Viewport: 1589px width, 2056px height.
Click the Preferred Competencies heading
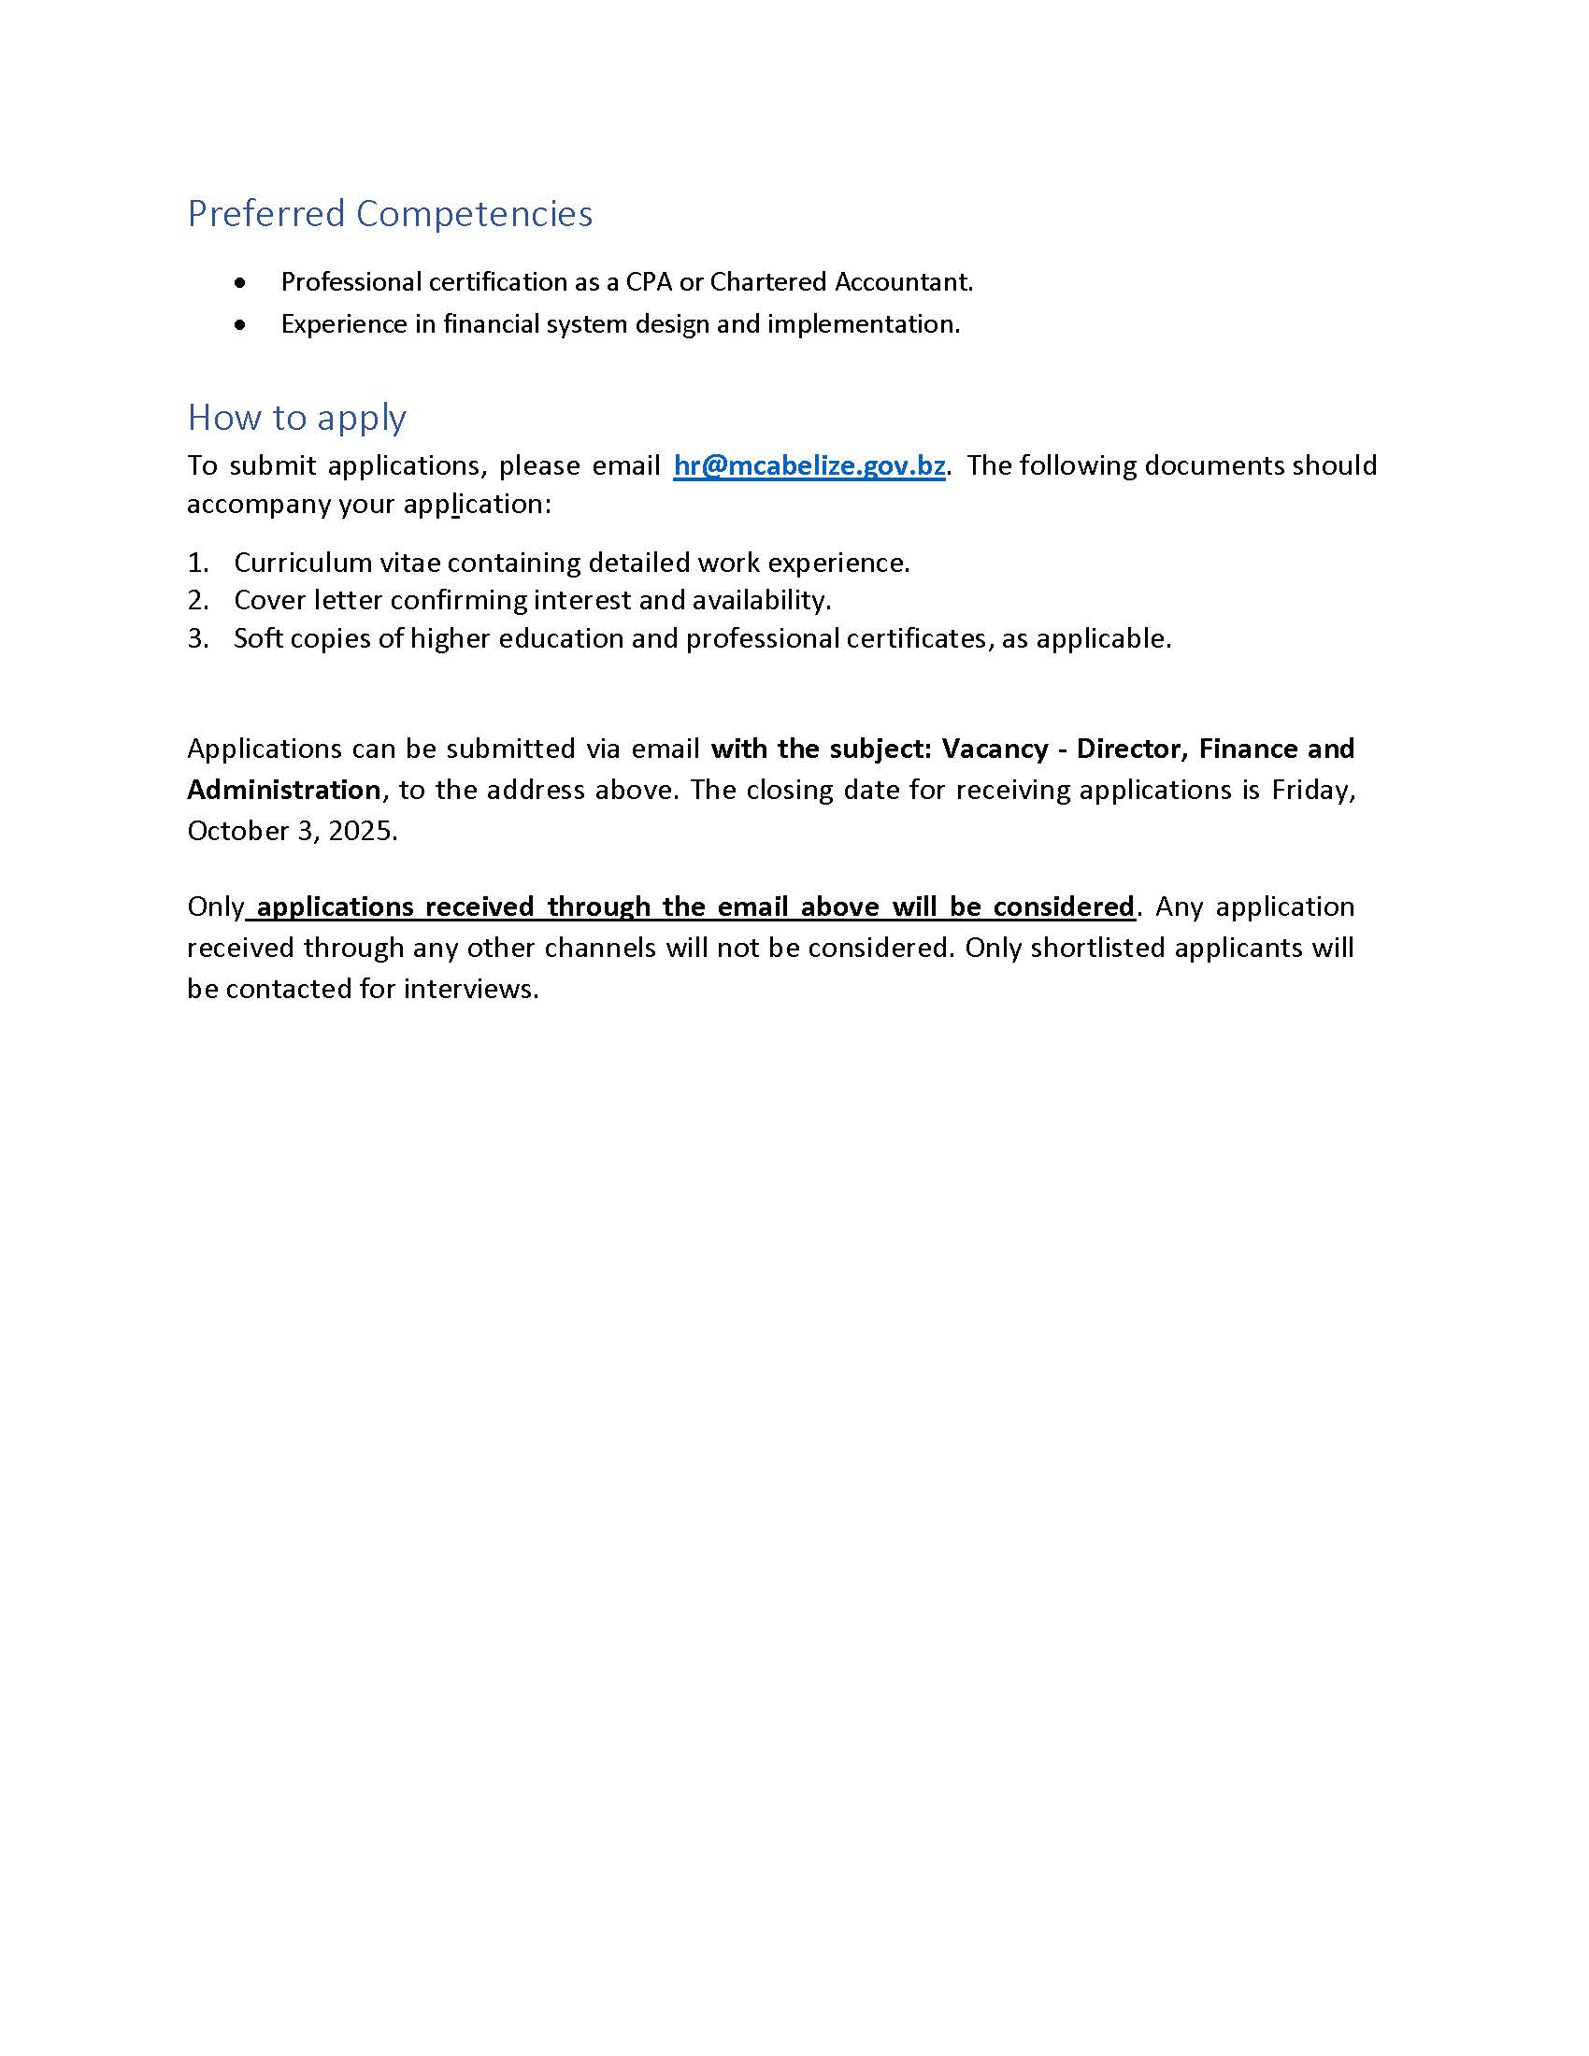click(x=390, y=214)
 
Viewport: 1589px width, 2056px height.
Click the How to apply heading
click(x=296, y=417)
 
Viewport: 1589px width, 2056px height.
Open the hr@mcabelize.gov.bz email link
click(x=809, y=465)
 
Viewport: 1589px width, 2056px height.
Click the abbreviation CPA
click(x=649, y=281)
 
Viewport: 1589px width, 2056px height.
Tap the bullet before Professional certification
click(x=241, y=282)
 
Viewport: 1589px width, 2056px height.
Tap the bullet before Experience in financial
click(x=241, y=325)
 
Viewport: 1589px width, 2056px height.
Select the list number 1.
click(x=196, y=563)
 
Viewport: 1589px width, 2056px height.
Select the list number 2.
click(x=196, y=601)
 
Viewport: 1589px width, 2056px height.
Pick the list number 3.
click(x=196, y=639)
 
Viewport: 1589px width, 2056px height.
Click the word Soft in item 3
click(x=257, y=639)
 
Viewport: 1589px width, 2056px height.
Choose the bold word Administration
click(x=283, y=790)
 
